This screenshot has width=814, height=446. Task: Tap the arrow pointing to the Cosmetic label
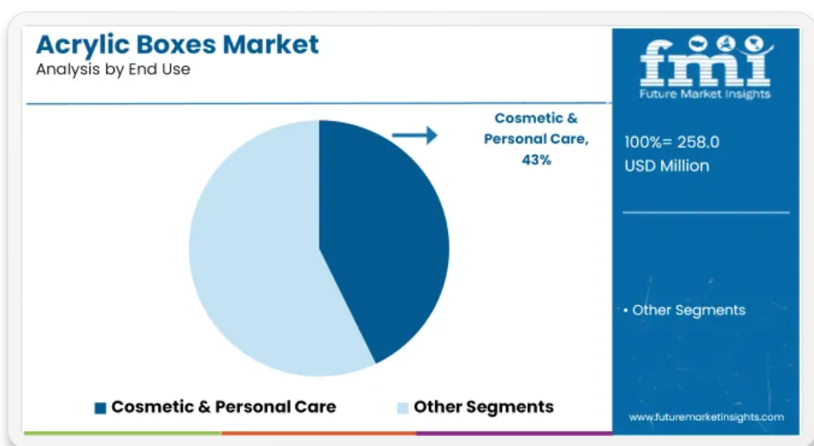(x=415, y=135)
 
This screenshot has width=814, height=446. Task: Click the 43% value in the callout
(x=536, y=160)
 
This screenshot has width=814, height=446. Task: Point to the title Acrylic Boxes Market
(x=177, y=45)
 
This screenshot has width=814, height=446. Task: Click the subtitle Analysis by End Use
(x=113, y=69)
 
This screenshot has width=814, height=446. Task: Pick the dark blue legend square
(x=100, y=408)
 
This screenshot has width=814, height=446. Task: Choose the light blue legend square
(x=402, y=408)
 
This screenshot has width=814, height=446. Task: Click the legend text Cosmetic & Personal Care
(x=224, y=407)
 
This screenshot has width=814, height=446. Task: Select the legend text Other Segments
(x=484, y=407)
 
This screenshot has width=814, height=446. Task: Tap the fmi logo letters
(x=705, y=61)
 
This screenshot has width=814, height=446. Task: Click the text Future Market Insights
(x=705, y=94)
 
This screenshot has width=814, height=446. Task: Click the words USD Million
(x=666, y=166)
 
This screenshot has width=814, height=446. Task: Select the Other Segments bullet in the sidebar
(x=685, y=310)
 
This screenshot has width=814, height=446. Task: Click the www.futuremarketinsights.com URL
(x=706, y=417)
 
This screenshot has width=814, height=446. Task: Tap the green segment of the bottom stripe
(x=123, y=433)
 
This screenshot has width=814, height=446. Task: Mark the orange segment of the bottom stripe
(x=319, y=433)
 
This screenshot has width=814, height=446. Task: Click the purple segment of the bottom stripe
(x=514, y=433)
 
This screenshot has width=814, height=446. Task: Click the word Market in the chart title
(x=271, y=45)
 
